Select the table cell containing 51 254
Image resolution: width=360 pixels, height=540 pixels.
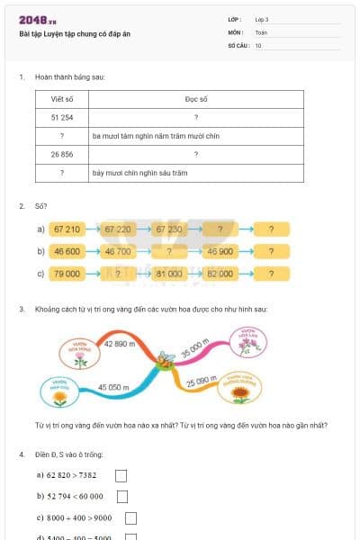pos(62,118)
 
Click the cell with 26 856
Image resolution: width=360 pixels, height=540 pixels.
pos(62,154)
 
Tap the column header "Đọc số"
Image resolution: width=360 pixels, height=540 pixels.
pos(195,100)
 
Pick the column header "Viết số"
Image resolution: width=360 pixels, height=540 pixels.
pos(62,100)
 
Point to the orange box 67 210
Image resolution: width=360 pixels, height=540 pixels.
pos(67,229)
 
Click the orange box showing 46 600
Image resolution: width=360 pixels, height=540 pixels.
pos(67,251)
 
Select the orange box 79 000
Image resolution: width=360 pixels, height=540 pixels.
pos(67,273)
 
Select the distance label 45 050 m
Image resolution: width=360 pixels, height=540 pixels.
pos(114,386)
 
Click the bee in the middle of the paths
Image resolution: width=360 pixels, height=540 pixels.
pos(166,361)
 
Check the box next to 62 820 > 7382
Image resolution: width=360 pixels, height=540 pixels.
pos(121,475)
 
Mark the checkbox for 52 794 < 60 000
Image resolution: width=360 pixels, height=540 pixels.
pos(122,497)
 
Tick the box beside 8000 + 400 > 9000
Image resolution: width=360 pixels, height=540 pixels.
pos(130,518)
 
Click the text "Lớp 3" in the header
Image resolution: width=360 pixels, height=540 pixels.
pos(262,19)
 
